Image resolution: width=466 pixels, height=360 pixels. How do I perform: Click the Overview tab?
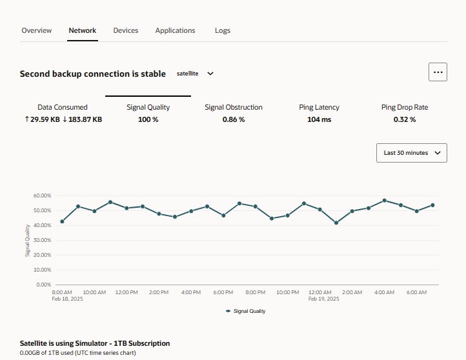click(x=37, y=30)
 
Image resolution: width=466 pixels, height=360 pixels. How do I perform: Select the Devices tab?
click(x=126, y=30)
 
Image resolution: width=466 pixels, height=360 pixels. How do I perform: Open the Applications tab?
click(x=175, y=30)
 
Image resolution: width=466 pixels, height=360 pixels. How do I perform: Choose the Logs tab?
click(x=223, y=30)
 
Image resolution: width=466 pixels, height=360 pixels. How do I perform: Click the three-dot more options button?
click(x=438, y=72)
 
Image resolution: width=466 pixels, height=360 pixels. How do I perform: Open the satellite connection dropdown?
click(x=195, y=74)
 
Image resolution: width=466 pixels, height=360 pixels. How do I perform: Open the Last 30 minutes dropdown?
click(x=411, y=153)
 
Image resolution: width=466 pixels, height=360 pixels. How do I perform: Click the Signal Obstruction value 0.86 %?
click(x=234, y=119)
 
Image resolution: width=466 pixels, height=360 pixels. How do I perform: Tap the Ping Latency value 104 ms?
click(x=319, y=119)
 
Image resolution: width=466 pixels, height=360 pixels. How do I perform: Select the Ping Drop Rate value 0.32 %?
click(x=405, y=119)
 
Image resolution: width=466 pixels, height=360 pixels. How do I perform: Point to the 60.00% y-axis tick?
click(x=42, y=195)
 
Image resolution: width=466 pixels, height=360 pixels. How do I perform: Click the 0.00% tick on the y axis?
click(x=43, y=285)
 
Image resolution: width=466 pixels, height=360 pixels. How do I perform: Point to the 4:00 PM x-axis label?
click(x=191, y=292)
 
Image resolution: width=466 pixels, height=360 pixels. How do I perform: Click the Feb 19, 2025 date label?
click(x=324, y=299)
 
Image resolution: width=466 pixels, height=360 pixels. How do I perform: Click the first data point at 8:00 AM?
click(x=62, y=221)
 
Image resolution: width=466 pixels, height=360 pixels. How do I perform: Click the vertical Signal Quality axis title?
click(x=28, y=241)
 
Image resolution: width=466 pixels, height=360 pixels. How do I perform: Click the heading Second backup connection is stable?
click(x=93, y=74)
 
